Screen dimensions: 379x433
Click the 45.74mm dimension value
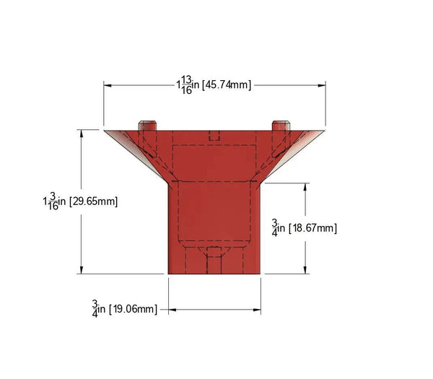[227, 85]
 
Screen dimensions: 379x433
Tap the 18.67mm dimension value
[312, 228]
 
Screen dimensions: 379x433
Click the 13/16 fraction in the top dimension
[186, 84]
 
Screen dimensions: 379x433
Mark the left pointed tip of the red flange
[105, 131]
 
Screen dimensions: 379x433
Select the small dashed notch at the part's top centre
[214, 135]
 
